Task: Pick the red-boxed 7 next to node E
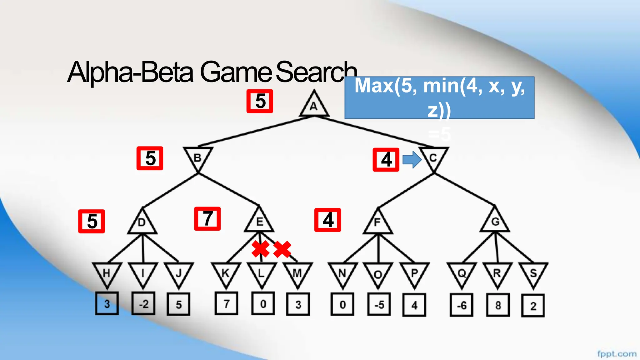click(207, 219)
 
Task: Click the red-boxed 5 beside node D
click(92, 221)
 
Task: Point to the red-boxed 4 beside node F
click(327, 220)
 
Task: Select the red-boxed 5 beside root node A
click(260, 101)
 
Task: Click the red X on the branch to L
click(260, 249)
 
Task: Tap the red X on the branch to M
click(282, 249)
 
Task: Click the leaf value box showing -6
click(461, 305)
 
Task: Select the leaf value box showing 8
click(498, 305)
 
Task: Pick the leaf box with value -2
click(143, 304)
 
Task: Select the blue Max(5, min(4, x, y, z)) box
click(439, 97)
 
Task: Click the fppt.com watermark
click(617, 354)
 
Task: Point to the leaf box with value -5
click(379, 305)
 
